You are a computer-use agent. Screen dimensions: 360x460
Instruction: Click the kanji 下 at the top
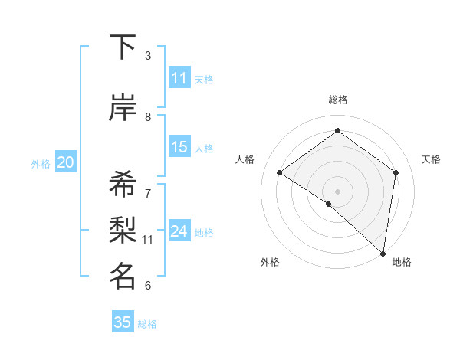[123, 47]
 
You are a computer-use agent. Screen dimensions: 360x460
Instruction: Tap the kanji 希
[123, 185]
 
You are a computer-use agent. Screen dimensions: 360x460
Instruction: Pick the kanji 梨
[123, 231]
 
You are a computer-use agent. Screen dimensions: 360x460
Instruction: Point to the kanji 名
[123, 277]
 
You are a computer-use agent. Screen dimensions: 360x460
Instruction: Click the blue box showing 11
[179, 78]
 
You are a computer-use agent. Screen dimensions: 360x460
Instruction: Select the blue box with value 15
[179, 147]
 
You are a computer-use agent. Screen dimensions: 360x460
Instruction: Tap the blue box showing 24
[179, 231]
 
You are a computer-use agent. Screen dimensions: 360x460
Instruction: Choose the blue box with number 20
[66, 162]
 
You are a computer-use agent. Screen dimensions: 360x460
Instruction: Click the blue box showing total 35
[123, 322]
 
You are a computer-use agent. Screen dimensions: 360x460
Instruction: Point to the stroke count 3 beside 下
[148, 56]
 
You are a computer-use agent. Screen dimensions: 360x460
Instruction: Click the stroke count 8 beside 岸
[148, 117]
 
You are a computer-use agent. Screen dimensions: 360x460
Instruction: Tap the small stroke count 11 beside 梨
[148, 240]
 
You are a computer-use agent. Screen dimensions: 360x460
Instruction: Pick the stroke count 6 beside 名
[148, 286]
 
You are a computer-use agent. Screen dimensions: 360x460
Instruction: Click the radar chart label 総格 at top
[337, 100]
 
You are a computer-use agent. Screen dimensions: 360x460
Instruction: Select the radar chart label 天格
[431, 159]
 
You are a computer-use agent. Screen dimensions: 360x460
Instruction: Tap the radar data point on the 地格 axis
[383, 253]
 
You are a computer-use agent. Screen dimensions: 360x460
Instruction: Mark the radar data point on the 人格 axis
[280, 173]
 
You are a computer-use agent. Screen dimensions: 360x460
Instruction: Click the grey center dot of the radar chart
[337, 191]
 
